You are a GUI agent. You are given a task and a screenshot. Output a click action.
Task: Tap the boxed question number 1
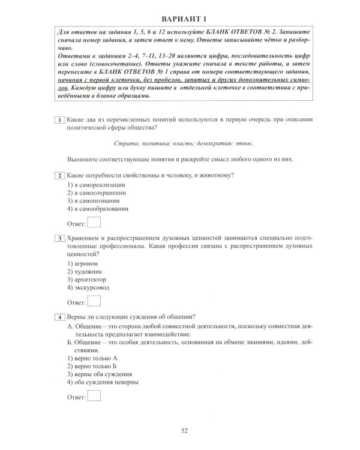pos(60,120)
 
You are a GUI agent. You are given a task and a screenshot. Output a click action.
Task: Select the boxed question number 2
pos(60,175)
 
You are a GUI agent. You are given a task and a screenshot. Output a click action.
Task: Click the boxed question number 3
pos(60,238)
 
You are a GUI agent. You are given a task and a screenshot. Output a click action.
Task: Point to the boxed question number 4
pos(60,317)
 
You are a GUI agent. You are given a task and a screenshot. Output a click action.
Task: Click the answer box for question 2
pos(94,223)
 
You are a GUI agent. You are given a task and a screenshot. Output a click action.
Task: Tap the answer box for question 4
pos(94,396)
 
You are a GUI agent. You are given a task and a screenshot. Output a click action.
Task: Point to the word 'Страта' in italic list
pos(124,143)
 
